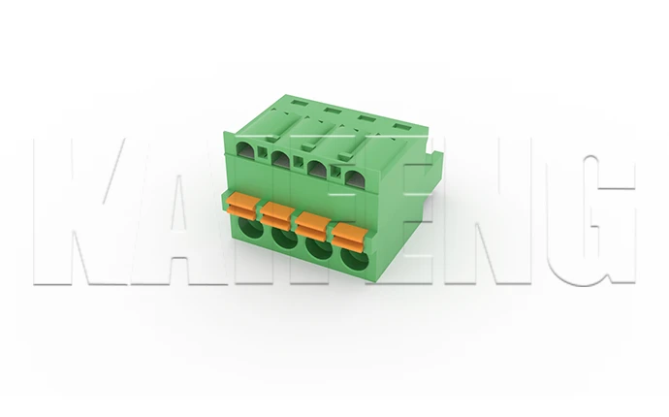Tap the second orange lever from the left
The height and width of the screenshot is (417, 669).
278,212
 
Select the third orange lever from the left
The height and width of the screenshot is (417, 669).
312,223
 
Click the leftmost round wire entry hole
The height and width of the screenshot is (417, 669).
249,232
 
